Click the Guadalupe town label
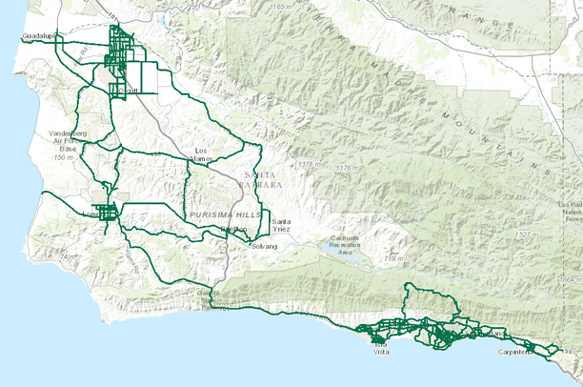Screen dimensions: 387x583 (39, 37)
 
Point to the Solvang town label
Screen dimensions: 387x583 (264, 246)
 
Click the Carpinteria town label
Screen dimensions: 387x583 (515, 352)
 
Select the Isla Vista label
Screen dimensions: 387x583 (380, 348)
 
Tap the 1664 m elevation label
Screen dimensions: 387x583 (569, 279)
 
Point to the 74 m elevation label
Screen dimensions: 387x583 (66, 257)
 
